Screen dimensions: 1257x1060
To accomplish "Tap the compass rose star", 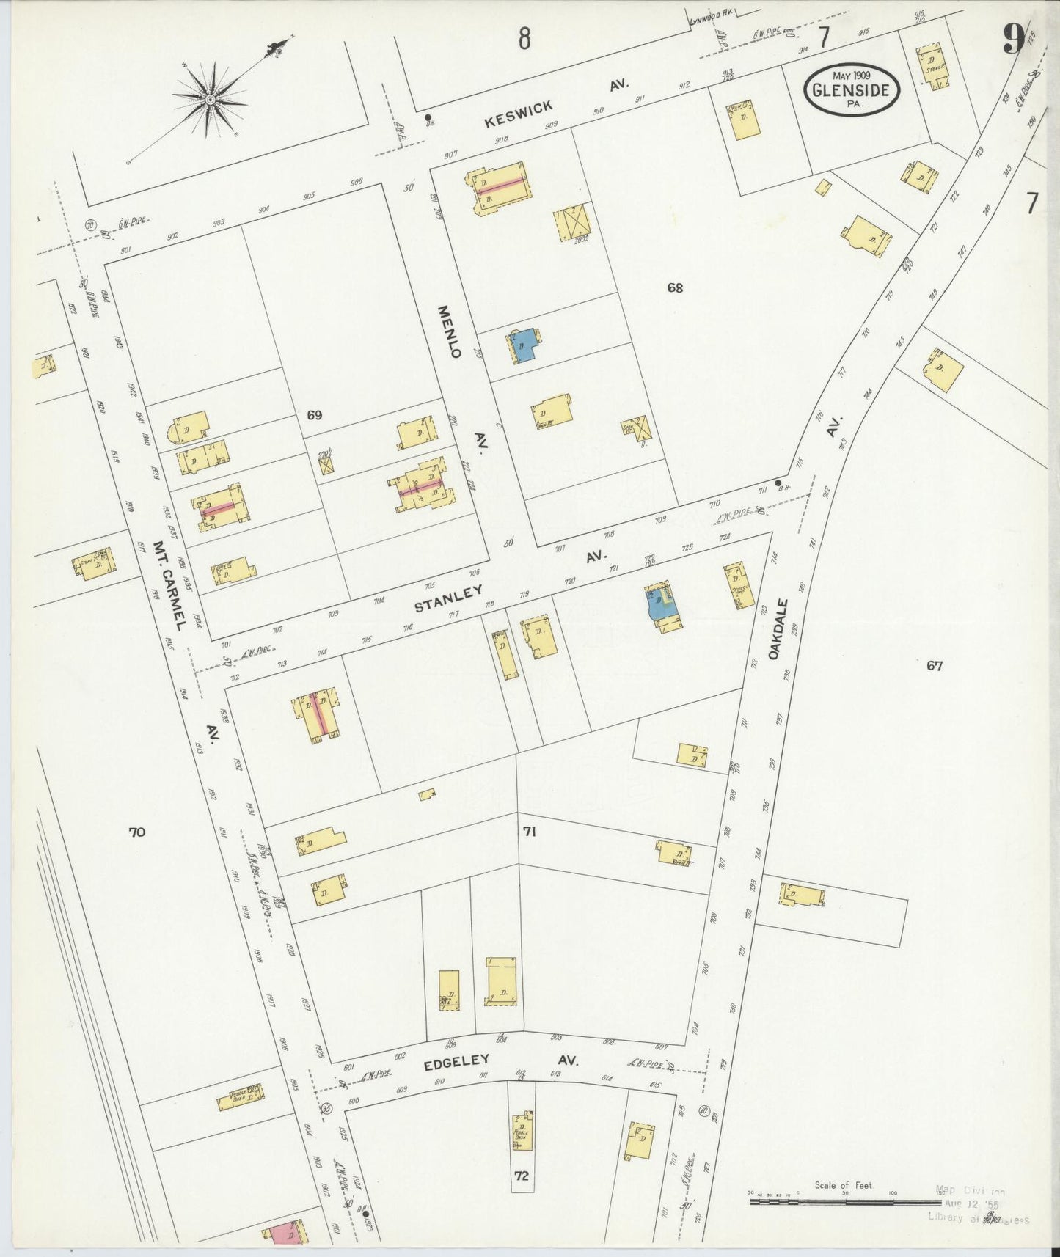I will [x=210, y=99].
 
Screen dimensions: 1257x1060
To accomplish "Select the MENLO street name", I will [x=450, y=332].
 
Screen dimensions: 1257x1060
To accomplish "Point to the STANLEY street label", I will [x=448, y=598].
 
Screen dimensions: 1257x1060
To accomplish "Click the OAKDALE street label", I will [x=780, y=629].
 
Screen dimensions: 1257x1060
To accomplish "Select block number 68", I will [x=675, y=287].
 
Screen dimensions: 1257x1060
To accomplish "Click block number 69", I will [x=315, y=415].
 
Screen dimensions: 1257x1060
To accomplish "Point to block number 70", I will [x=137, y=832].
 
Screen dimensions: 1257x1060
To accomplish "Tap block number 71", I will [x=530, y=832].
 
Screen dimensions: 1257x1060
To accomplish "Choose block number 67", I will [x=934, y=666].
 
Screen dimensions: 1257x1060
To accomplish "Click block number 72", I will [x=522, y=1176].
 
